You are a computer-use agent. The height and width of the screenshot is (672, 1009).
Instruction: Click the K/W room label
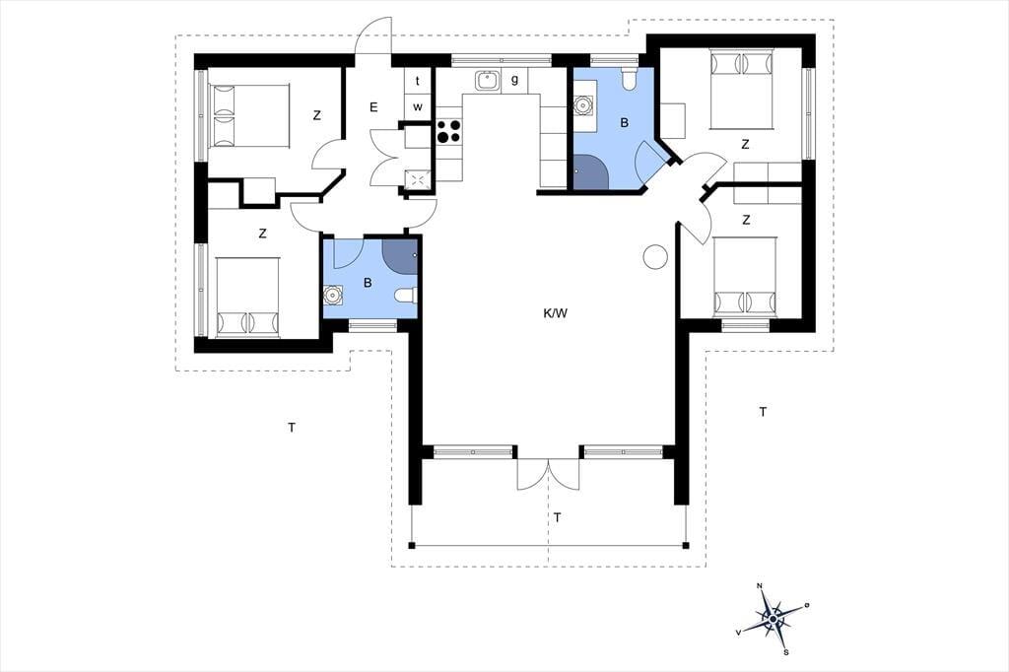556,314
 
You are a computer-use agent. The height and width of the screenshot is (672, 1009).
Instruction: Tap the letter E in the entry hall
373,107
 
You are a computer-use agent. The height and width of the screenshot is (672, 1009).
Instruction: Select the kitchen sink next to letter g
487,81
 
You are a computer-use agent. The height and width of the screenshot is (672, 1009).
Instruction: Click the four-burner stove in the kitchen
448,131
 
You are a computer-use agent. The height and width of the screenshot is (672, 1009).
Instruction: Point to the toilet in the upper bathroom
630,78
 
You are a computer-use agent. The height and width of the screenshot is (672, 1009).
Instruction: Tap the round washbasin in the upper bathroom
583,103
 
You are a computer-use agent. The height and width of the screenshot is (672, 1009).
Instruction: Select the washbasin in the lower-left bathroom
333,296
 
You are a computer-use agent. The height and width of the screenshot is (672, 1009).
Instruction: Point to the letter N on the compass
760,585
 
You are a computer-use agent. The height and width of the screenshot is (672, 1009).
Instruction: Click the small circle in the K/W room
655,257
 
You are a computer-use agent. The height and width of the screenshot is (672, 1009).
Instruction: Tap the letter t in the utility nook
418,81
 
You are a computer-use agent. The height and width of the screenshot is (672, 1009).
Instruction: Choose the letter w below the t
418,106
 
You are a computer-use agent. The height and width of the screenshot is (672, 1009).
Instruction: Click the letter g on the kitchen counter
514,80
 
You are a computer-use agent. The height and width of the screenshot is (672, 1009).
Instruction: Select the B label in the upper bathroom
624,123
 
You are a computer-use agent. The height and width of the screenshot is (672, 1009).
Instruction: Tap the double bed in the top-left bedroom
248,115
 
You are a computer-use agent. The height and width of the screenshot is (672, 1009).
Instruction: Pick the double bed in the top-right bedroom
741,88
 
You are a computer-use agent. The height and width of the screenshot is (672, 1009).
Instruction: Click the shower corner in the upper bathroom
591,171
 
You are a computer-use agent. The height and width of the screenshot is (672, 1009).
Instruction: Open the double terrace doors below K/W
548,474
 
